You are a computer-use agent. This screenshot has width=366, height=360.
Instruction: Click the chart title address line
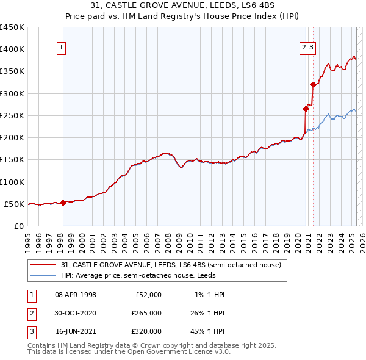tap(183, 6)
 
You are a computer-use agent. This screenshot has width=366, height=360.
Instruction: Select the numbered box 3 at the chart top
tap(311, 49)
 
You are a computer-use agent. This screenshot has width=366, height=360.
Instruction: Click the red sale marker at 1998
tap(63, 203)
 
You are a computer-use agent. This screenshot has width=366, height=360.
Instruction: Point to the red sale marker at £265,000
tap(306, 109)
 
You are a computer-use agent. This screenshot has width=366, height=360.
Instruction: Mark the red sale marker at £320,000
tap(312, 85)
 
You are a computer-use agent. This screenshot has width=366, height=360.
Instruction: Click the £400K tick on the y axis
tap(12, 49)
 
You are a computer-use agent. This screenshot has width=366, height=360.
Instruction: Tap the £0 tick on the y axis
tap(18, 226)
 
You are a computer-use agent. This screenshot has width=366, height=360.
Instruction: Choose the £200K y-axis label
tap(12, 138)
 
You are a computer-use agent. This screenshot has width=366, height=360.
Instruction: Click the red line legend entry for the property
tap(171, 265)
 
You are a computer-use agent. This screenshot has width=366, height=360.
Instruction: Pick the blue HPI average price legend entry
tap(165, 275)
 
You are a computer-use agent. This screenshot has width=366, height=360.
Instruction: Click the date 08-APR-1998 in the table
tap(76, 295)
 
